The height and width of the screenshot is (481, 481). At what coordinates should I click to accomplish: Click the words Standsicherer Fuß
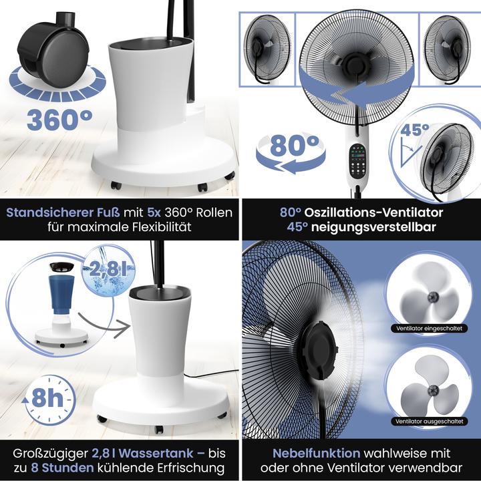click(63, 213)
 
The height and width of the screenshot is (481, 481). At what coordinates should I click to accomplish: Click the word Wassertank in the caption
click(146, 453)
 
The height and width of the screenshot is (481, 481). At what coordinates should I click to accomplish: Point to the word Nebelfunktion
click(306, 453)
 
